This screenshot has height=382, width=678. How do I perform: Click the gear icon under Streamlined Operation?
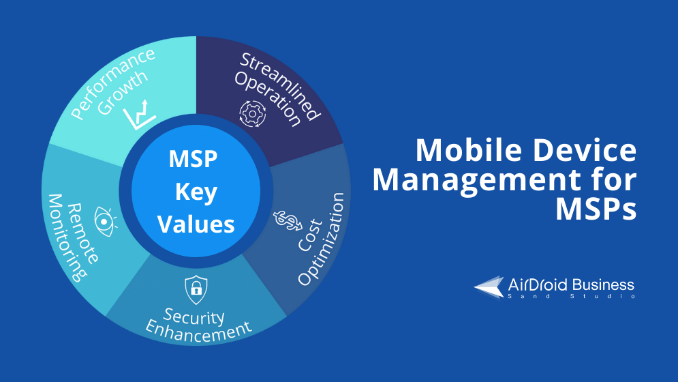click(253, 114)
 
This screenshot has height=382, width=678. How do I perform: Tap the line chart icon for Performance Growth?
click(139, 115)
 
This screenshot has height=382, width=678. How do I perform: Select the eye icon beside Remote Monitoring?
click(105, 222)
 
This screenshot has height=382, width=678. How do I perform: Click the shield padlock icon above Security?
click(196, 289)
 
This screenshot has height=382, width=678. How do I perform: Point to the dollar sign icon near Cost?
click(288, 220)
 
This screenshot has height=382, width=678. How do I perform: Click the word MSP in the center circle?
click(193, 159)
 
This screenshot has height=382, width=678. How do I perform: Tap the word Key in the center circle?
click(196, 192)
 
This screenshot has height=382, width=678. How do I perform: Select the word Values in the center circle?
click(196, 224)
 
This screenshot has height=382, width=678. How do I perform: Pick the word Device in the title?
click(585, 150)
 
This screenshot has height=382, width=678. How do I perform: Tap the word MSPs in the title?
click(596, 209)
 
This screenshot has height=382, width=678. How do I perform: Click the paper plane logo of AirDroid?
click(489, 287)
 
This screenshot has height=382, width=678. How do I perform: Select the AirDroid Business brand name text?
click(571, 284)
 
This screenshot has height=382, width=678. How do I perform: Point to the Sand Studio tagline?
click(571, 296)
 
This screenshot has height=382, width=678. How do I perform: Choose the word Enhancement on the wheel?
click(198, 332)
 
